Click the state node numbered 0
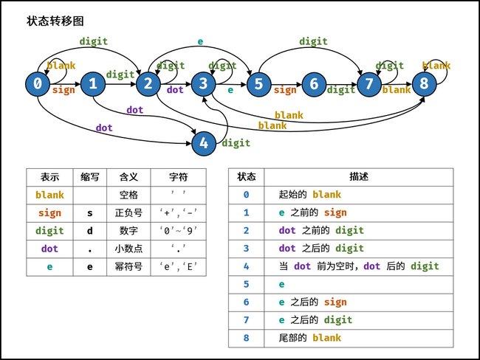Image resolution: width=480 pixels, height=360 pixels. click(x=38, y=84)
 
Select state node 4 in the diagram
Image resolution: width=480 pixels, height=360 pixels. click(x=204, y=142)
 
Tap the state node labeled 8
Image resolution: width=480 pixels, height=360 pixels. click(x=424, y=84)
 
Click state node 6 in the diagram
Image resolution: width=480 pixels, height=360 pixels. click(x=314, y=84)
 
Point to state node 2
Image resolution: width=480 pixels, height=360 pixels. click(x=148, y=84)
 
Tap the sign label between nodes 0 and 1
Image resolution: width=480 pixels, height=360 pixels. click(x=64, y=91)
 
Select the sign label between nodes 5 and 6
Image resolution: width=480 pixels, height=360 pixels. click(x=285, y=91)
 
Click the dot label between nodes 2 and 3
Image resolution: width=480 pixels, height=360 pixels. click(x=175, y=90)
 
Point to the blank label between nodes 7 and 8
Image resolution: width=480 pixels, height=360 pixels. click(x=397, y=90)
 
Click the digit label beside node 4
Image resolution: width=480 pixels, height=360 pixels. click(x=236, y=143)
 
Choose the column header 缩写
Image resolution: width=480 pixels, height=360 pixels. click(x=91, y=177)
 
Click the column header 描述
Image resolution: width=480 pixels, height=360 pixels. click(x=358, y=177)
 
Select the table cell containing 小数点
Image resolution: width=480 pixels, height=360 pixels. click(x=128, y=249)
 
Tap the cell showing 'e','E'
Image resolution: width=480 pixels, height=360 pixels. click(x=178, y=267)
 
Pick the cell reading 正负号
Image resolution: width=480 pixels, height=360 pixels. click(x=128, y=213)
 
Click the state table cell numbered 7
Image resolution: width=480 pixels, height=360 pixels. click(x=246, y=320)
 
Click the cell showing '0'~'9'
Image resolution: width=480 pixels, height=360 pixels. click(x=178, y=231)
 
